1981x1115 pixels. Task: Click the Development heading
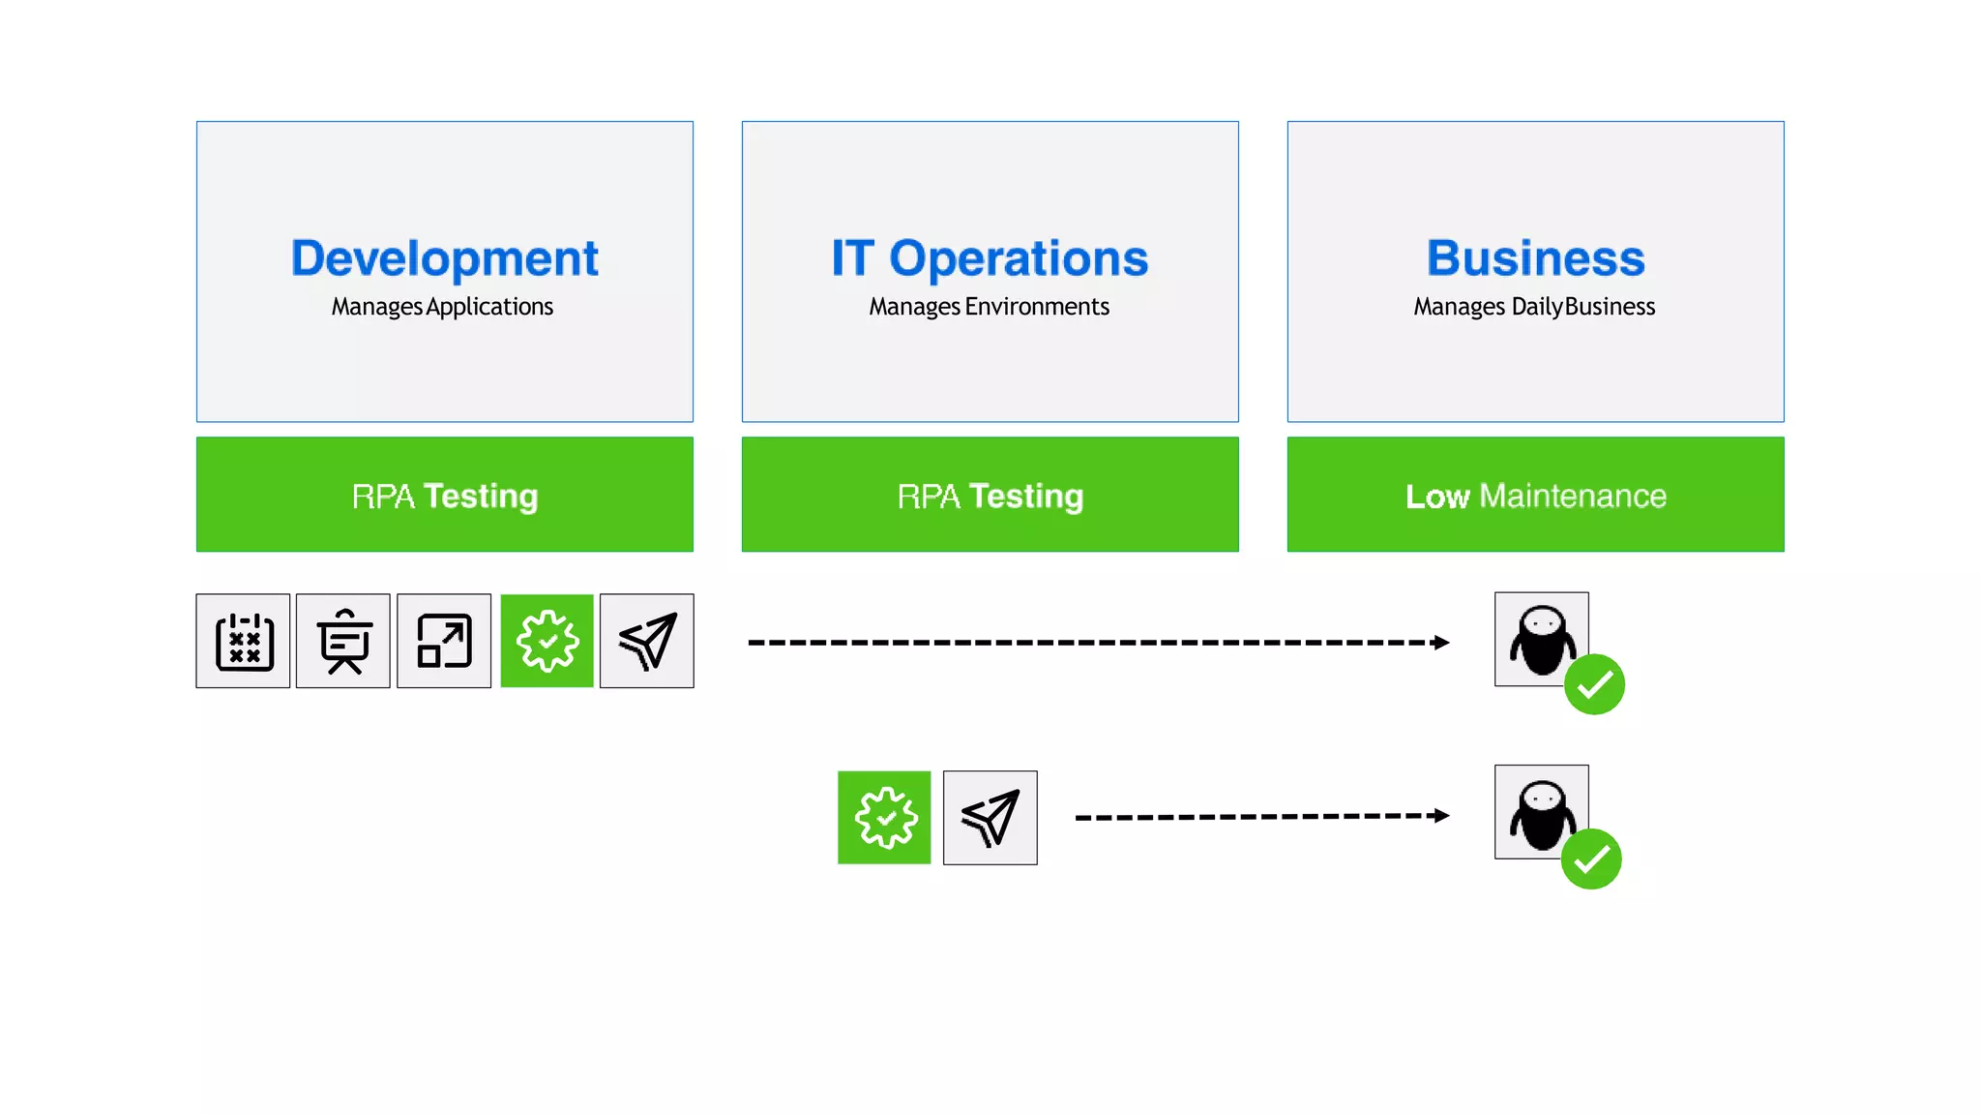coord(444,258)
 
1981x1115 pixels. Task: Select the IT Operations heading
coord(990,258)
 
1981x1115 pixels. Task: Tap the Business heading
coord(1535,258)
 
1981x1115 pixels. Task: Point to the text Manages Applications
coord(442,307)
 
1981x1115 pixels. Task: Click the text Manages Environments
coord(989,307)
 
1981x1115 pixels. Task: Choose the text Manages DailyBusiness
coord(1534,307)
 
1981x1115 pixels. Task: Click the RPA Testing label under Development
coord(444,496)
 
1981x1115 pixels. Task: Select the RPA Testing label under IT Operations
coord(990,496)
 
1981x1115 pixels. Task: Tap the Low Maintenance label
coord(1535,496)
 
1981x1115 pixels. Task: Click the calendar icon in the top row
coord(244,642)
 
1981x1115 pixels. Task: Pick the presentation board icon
coord(343,642)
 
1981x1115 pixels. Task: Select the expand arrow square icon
coord(444,642)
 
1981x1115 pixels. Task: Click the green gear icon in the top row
coord(547,642)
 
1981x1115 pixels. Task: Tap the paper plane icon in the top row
coord(647,642)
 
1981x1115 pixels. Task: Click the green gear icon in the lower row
coord(884,818)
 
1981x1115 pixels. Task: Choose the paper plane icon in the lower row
coord(990,818)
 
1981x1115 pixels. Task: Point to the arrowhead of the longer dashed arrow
coord(1441,643)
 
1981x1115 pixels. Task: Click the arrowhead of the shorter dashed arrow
coord(1441,816)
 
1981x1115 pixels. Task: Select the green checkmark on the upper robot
coord(1594,685)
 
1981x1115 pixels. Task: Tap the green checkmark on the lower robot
coord(1591,859)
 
